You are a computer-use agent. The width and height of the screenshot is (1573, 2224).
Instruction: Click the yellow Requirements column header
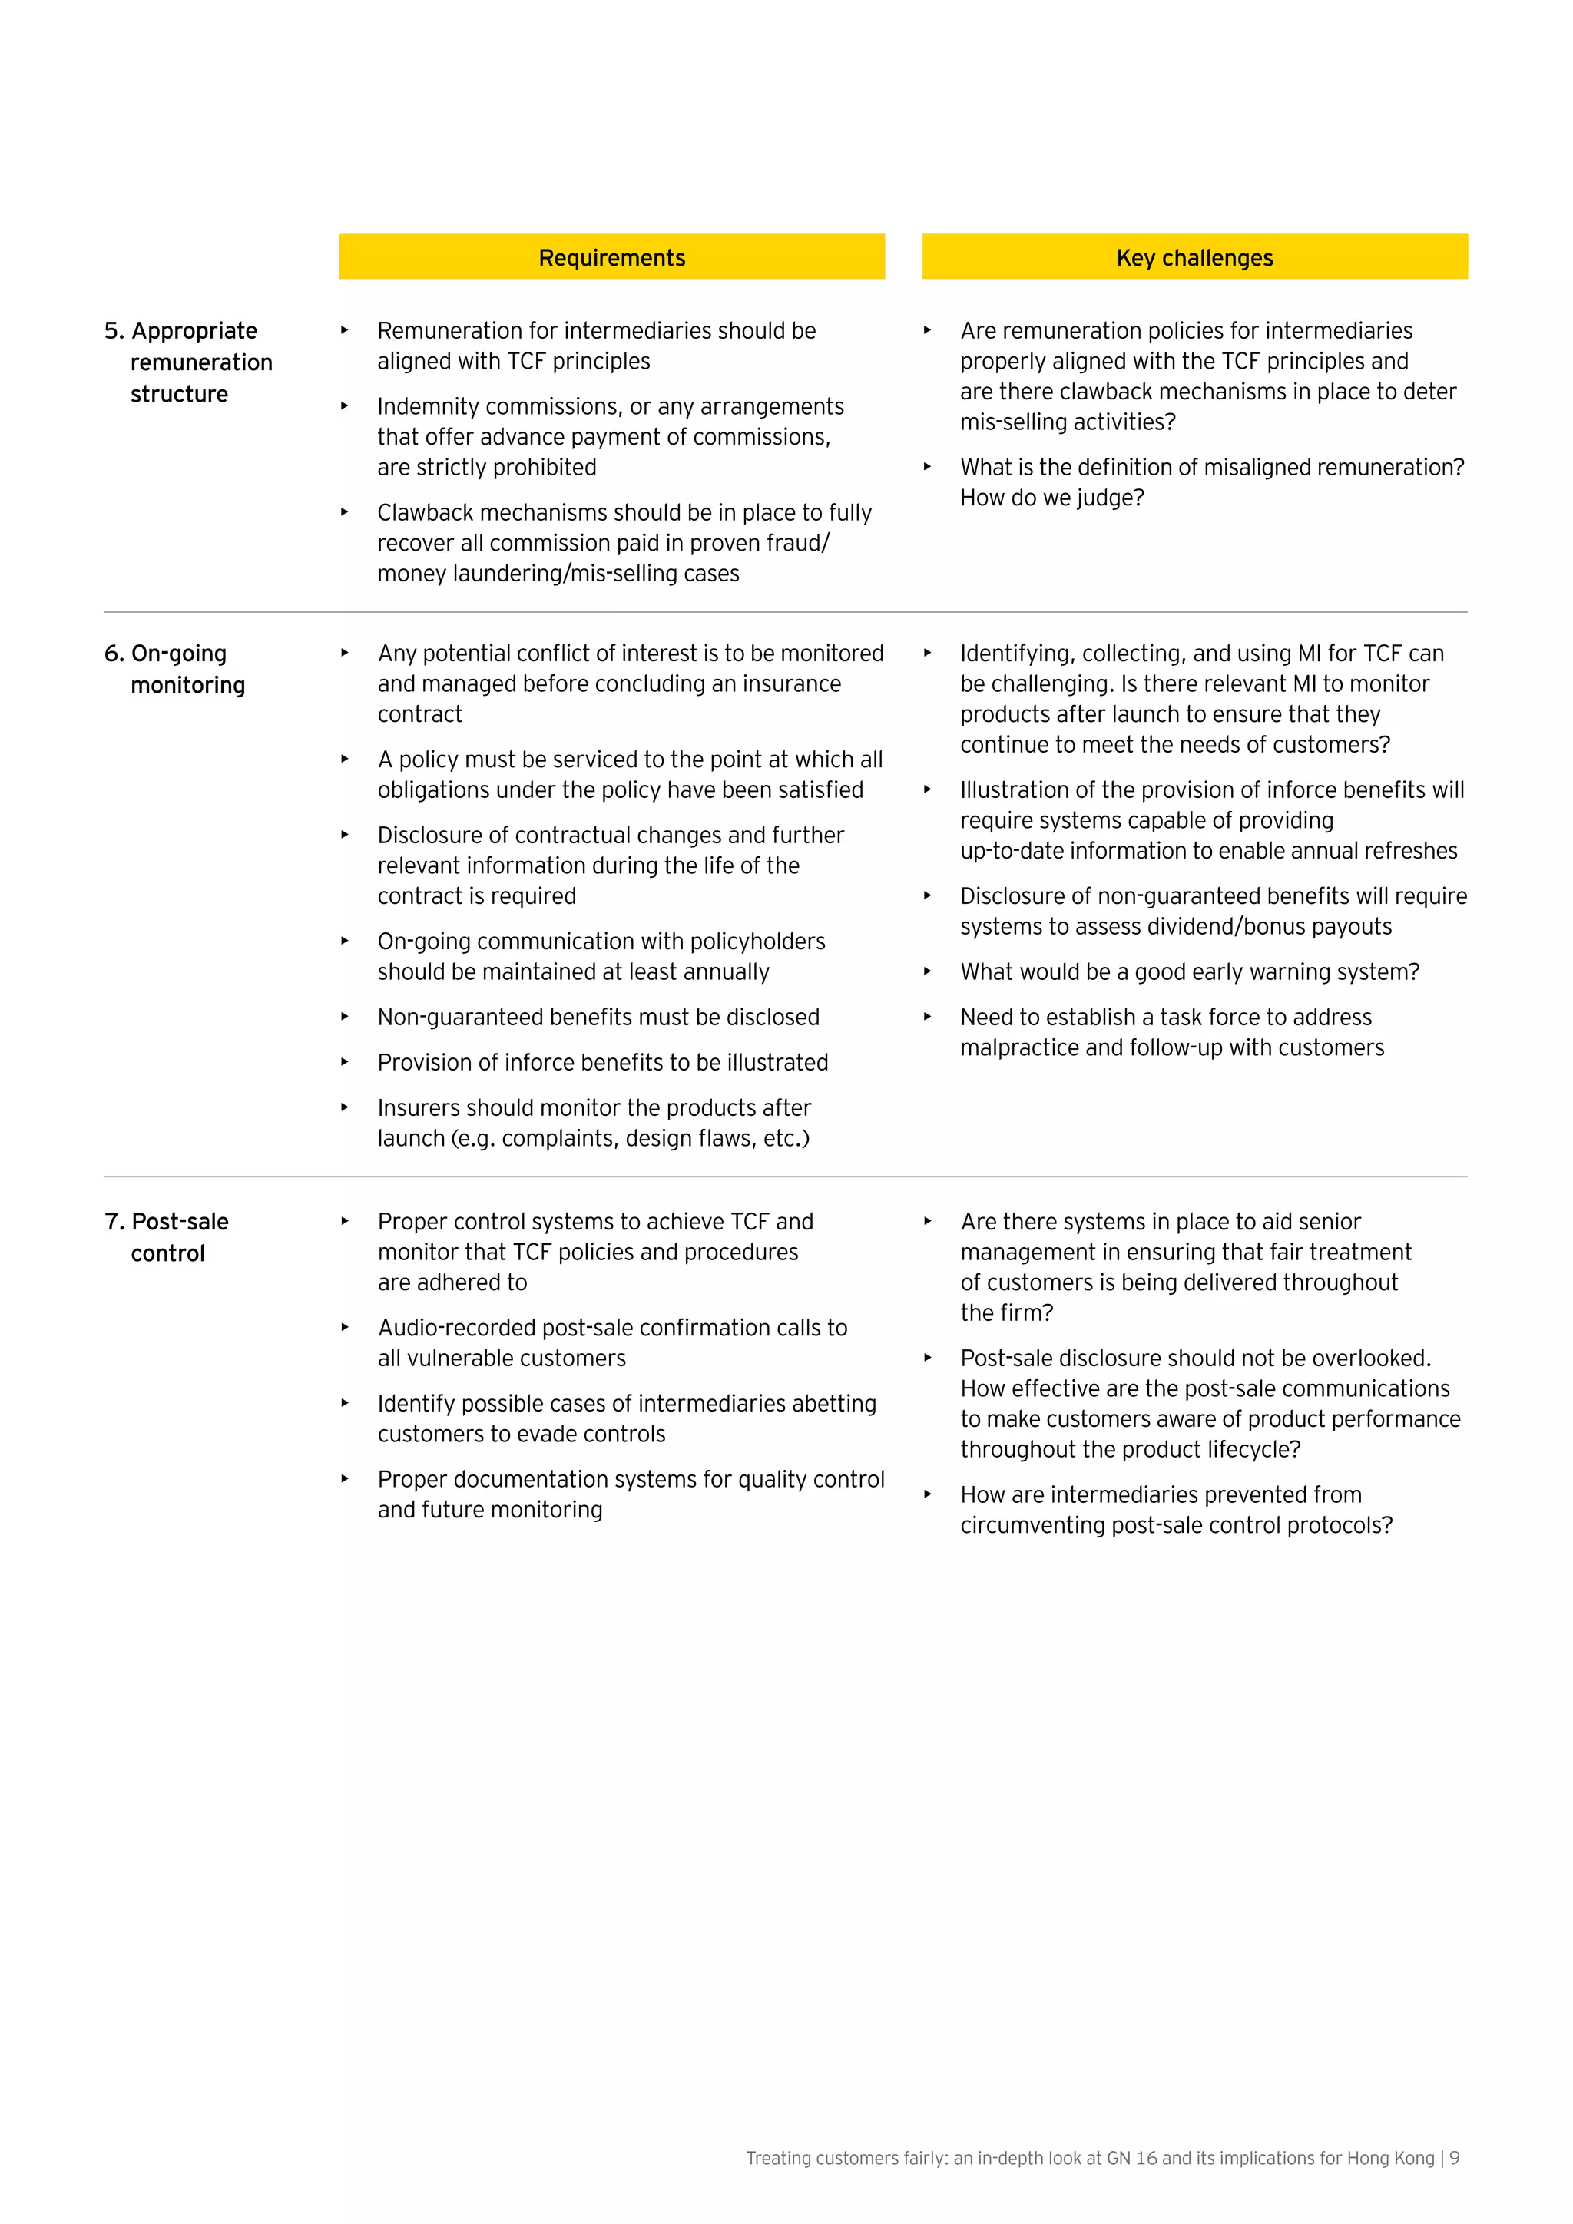point(611,258)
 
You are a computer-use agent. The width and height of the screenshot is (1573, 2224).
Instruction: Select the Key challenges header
point(1194,258)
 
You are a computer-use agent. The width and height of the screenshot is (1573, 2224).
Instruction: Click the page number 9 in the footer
point(1454,2158)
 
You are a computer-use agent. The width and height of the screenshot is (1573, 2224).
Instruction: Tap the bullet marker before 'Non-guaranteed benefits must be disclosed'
point(344,1016)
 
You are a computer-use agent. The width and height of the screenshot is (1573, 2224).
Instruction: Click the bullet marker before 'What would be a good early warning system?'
point(927,971)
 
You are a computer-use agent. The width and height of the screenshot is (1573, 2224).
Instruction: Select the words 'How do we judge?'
point(1052,498)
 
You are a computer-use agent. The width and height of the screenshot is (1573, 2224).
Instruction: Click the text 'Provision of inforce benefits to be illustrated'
point(602,1063)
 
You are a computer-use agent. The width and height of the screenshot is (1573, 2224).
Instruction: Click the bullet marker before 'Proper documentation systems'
point(344,1478)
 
